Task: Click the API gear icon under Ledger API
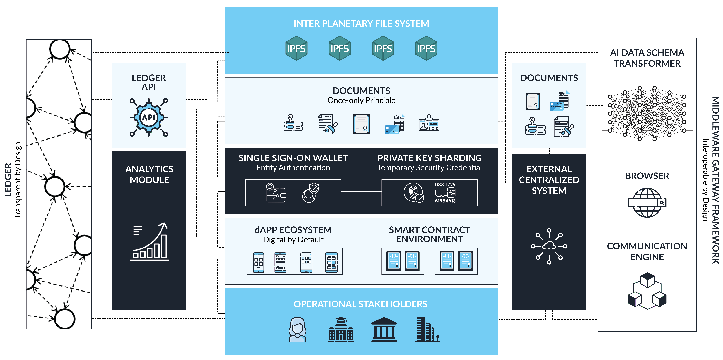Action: [149, 117]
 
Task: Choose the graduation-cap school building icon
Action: [341, 330]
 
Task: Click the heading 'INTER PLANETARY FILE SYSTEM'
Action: [361, 24]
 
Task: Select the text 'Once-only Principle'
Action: [361, 100]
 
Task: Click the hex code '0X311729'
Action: [445, 185]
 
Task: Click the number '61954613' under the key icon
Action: [445, 201]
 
